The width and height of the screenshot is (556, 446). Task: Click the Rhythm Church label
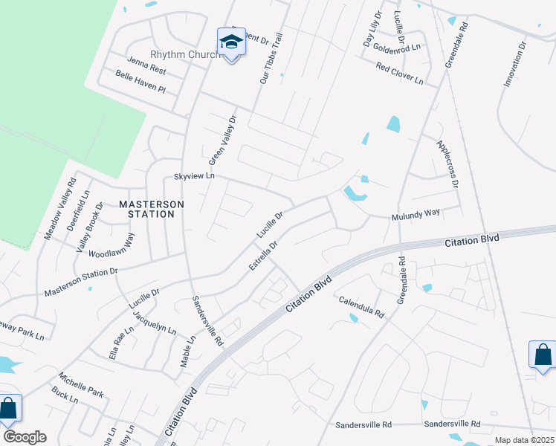[x=184, y=55]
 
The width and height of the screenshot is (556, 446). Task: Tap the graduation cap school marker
[x=231, y=43]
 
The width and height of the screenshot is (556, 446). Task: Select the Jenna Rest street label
[x=146, y=65]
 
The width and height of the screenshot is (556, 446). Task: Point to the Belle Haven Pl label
[x=140, y=81]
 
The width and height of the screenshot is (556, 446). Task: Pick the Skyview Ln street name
[x=193, y=176]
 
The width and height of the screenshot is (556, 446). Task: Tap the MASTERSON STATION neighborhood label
[x=146, y=209]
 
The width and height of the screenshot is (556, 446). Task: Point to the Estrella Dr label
[x=263, y=255]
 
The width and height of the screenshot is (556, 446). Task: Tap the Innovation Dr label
[x=514, y=63]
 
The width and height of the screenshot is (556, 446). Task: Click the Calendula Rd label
[x=361, y=307]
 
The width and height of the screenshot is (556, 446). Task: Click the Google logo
[x=25, y=437]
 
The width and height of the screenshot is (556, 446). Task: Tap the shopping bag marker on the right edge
[x=542, y=355]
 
